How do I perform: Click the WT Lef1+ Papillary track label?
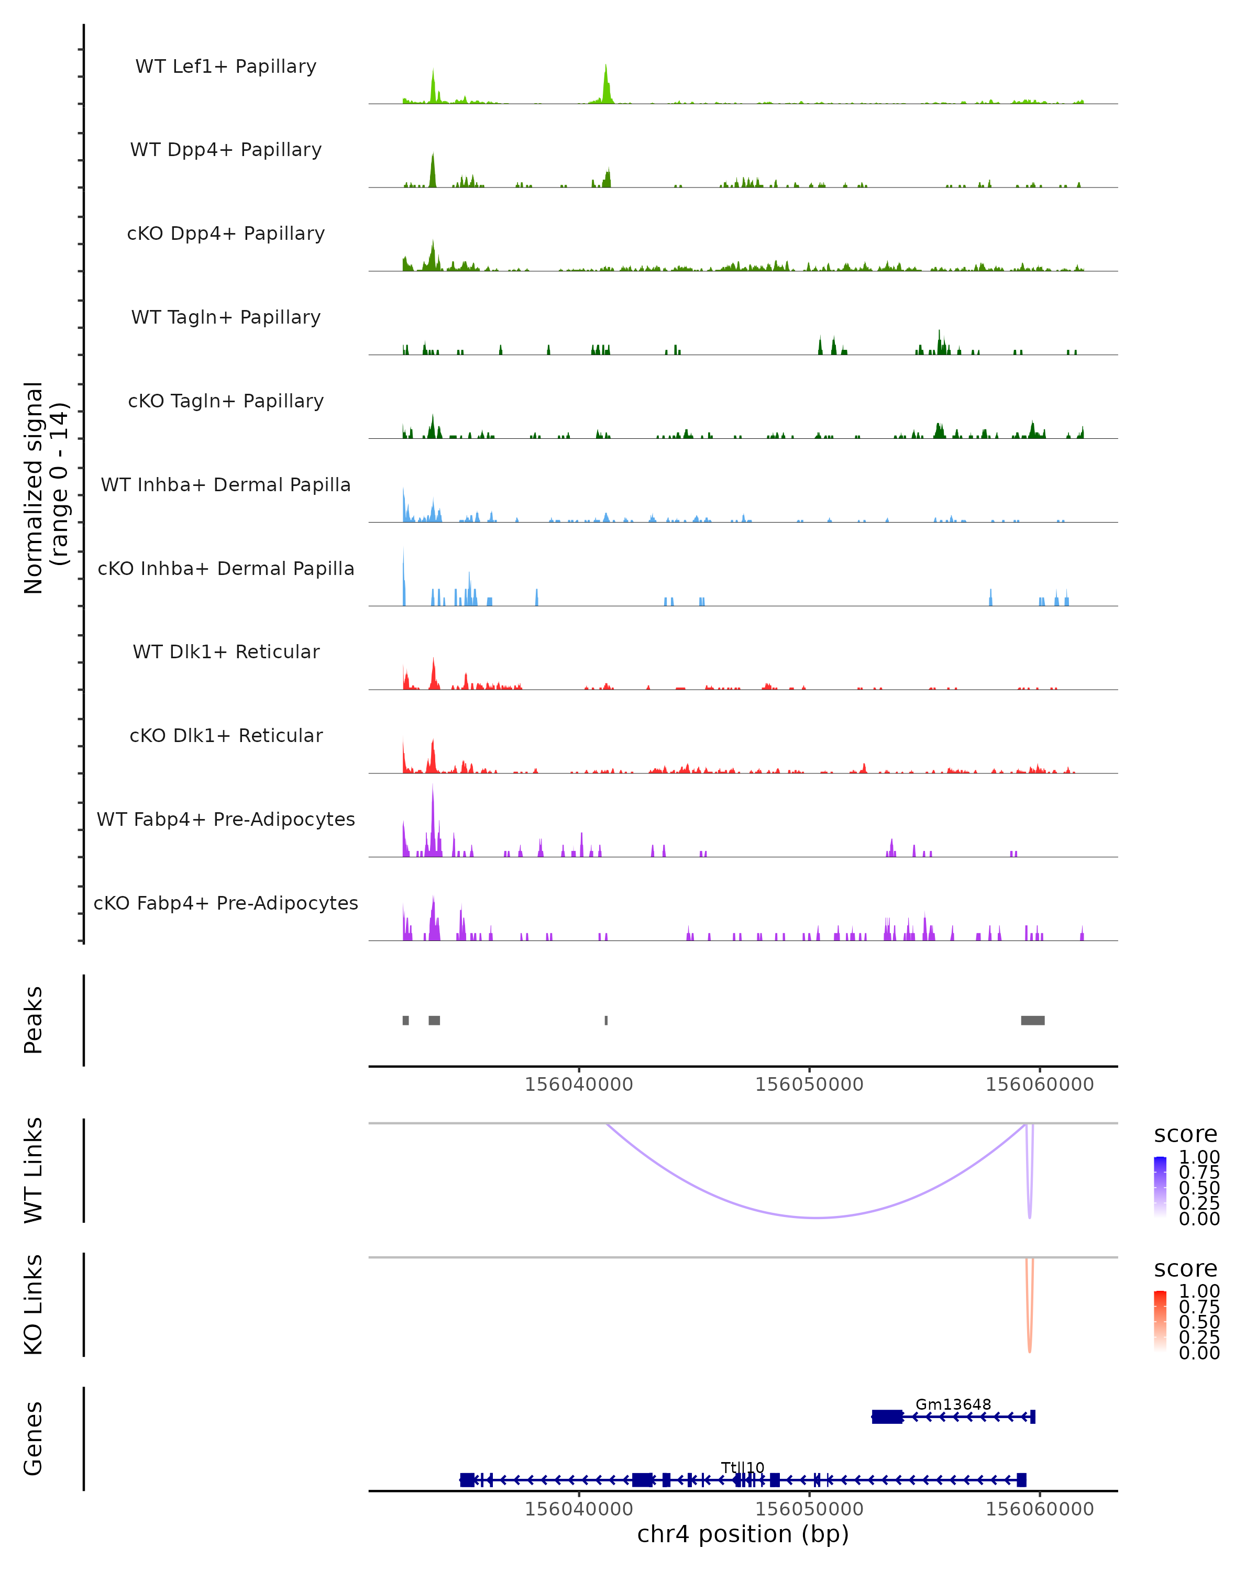226,67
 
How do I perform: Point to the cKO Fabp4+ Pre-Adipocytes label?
226,903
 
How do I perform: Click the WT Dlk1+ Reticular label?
226,651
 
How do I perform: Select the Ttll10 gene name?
743,1467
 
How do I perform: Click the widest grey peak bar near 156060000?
1032,1020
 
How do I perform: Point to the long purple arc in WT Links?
816,1217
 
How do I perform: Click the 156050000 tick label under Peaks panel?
809,1085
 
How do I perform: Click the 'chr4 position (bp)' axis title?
743,1534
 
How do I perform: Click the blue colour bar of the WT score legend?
1160,1187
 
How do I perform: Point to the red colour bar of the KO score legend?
1160,1321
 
